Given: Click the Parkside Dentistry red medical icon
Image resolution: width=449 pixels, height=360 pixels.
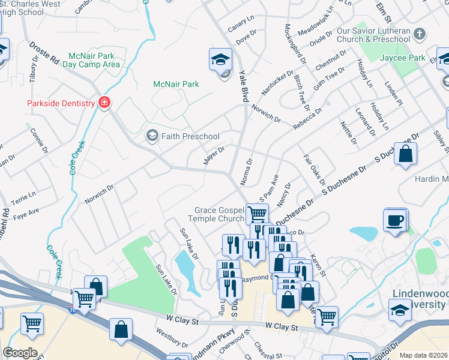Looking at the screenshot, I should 104,103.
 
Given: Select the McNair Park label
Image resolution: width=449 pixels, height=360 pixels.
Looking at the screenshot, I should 176,85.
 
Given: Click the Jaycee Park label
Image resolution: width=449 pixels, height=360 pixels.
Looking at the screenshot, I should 402,58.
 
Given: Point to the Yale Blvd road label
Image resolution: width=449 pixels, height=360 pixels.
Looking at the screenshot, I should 243,86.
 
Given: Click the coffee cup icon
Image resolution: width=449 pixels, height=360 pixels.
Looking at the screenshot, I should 395,221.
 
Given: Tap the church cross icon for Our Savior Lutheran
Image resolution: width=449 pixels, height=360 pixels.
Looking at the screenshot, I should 420,34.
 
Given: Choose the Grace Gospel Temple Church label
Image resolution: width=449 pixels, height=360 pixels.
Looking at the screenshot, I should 219,214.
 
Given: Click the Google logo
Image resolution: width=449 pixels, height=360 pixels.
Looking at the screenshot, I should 20,352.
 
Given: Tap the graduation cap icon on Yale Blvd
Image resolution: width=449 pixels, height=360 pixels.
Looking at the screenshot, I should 220,59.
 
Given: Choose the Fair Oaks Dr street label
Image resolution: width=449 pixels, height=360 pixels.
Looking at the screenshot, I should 314,170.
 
